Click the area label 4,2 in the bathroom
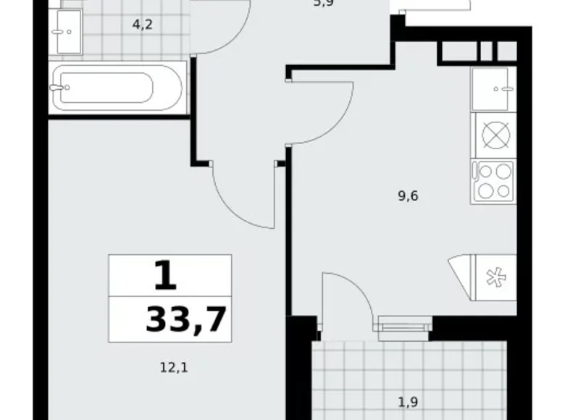[x=142, y=24]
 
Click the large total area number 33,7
[x=186, y=319]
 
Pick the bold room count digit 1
[x=164, y=275]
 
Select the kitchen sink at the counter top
[x=493, y=88]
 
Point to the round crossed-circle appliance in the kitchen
[x=493, y=135]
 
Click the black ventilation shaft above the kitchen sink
[x=477, y=51]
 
